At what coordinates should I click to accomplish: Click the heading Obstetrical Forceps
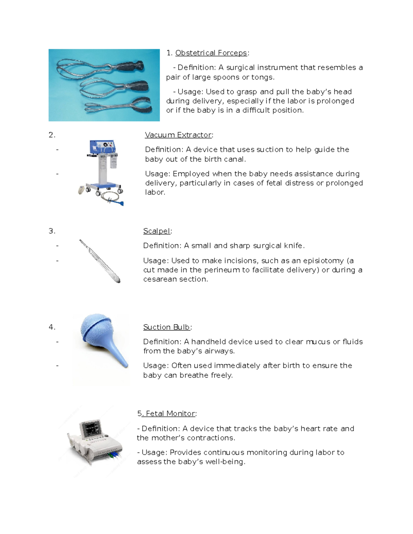pyautogui.click(x=211, y=53)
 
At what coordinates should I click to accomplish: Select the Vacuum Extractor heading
pyautogui.click(x=178, y=135)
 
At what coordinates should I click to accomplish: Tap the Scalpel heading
pyautogui.click(x=157, y=231)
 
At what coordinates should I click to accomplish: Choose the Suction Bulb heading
pyautogui.click(x=167, y=327)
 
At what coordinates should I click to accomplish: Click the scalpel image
pyautogui.click(x=99, y=261)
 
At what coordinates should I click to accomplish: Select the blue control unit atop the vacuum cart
pyautogui.click(x=102, y=147)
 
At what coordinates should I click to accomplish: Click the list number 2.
pyautogui.click(x=51, y=135)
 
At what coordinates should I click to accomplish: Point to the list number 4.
pyautogui.click(x=51, y=327)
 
